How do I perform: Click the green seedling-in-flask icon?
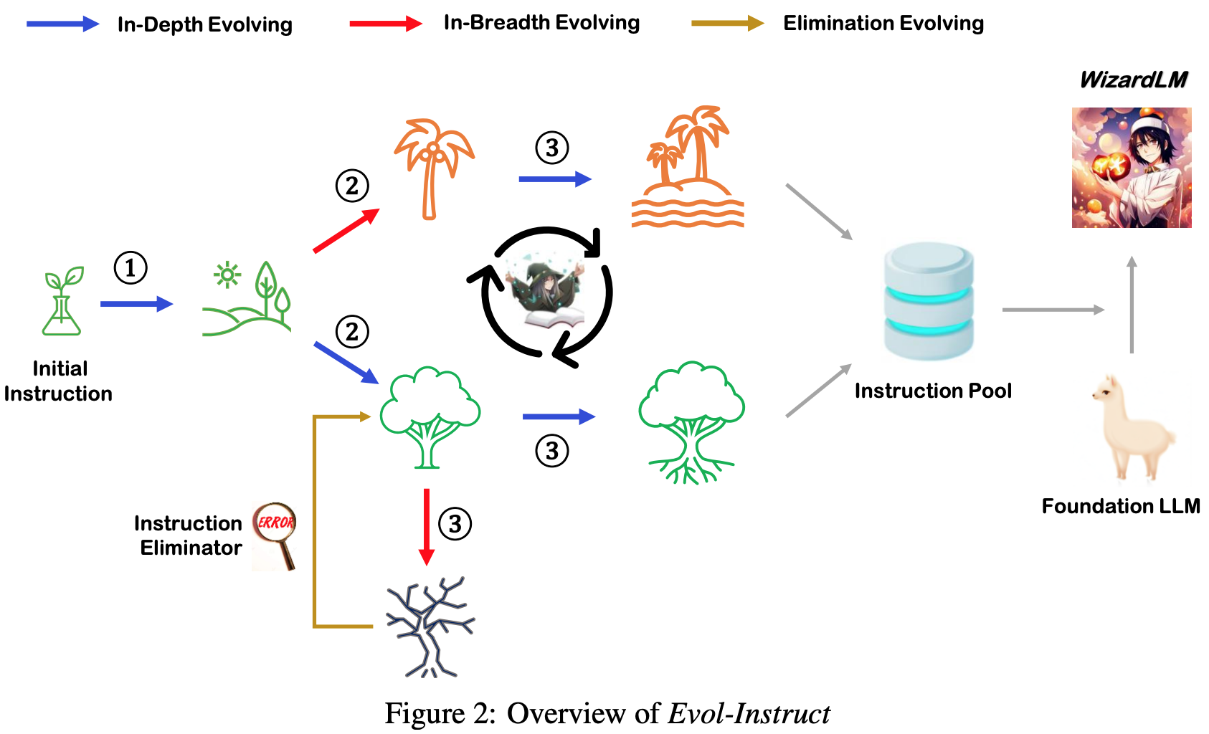tap(62, 300)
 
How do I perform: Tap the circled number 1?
tap(131, 268)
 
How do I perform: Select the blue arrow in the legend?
tap(63, 24)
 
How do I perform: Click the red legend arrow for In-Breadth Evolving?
tap(386, 23)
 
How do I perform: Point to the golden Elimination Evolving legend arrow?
tap(728, 23)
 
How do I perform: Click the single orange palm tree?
tap(433, 169)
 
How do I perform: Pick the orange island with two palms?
tap(688, 167)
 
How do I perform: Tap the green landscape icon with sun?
tap(247, 299)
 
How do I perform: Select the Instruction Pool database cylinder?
tap(929, 300)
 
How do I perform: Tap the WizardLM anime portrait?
tap(1132, 167)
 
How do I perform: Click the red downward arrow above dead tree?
tap(427, 527)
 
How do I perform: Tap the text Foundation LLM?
tap(1121, 506)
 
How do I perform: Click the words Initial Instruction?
tap(58, 381)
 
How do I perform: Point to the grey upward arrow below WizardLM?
tap(1132, 305)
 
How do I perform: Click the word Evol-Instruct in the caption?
tap(749, 713)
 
